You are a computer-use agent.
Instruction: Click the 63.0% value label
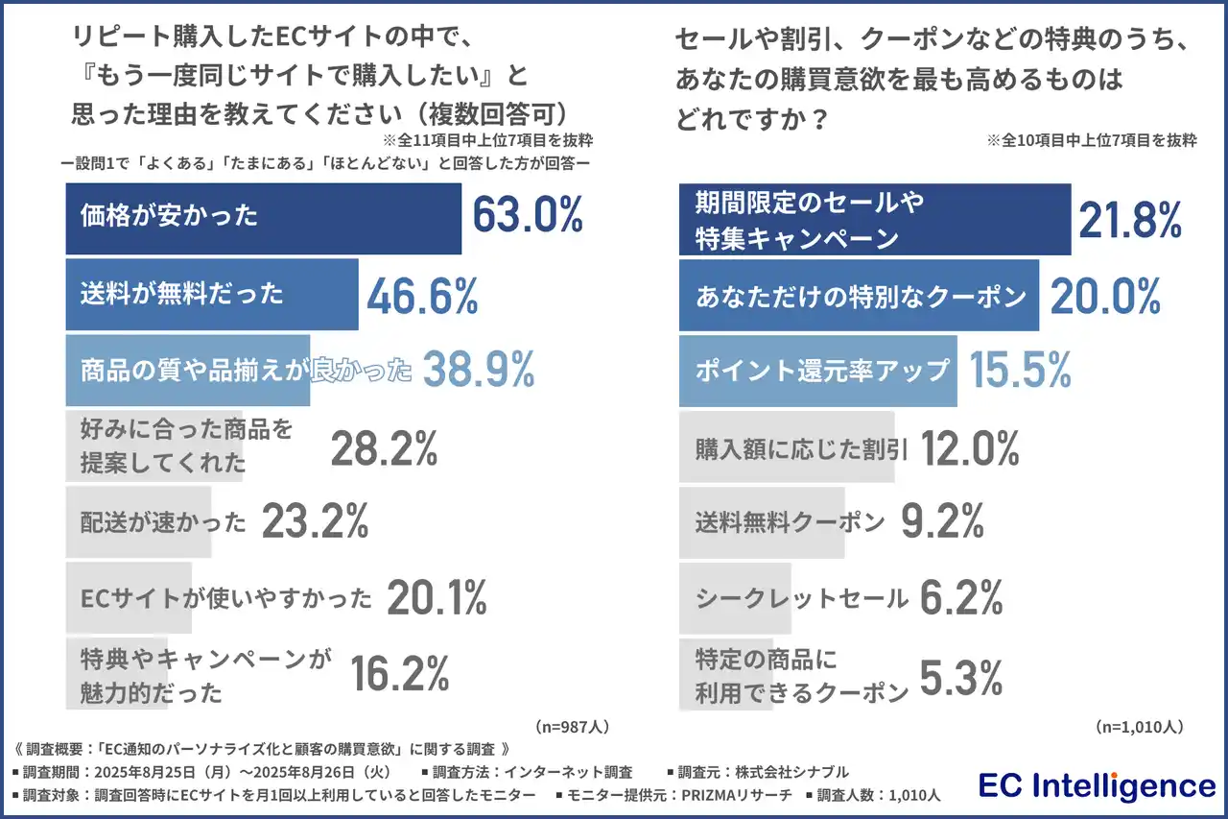[528, 215]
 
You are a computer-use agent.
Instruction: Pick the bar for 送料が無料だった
[211, 294]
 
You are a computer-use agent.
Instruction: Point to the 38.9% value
[478, 370]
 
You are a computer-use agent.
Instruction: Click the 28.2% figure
[384, 447]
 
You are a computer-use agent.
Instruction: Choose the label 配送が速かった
[164, 522]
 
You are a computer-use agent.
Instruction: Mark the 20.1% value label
[437, 599]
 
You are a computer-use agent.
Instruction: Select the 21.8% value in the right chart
[1130, 221]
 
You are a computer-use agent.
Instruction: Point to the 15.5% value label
[1019, 371]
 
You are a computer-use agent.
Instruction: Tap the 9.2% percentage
[942, 522]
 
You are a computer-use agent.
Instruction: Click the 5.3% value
[961, 675]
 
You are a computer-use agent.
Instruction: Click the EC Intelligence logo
[1096, 786]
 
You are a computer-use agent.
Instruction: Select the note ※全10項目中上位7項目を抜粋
[1091, 140]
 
